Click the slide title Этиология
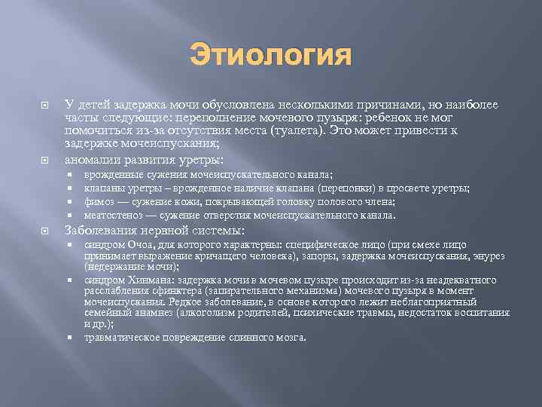(x=271, y=54)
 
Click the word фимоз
(x=99, y=201)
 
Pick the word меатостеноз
(x=112, y=215)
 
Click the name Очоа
(x=139, y=245)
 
